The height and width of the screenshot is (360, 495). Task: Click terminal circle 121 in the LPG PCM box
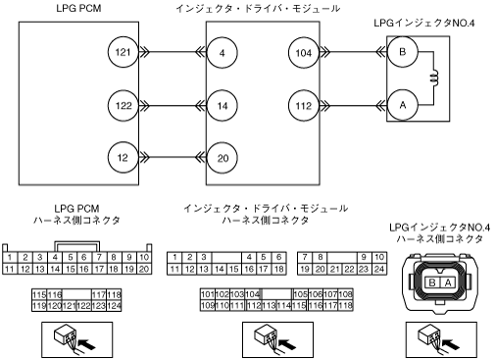(124, 52)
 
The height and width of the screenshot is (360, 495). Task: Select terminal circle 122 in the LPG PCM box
(124, 105)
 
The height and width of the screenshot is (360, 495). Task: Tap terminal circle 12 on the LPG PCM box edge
(124, 158)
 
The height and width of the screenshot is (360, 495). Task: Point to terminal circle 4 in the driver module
(223, 53)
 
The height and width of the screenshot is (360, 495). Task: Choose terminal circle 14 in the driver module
(223, 106)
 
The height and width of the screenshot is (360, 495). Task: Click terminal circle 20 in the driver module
(223, 158)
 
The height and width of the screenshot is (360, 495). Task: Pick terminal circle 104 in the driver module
(304, 53)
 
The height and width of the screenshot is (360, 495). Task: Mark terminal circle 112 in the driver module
(304, 106)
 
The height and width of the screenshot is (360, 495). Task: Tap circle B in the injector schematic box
(403, 52)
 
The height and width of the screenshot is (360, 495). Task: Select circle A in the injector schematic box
(403, 105)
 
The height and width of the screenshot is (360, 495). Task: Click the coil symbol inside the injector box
(434, 78)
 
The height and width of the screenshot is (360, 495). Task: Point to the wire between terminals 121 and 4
(173, 52)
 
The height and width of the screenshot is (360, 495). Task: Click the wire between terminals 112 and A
(353, 106)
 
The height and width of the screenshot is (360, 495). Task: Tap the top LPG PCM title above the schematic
(78, 8)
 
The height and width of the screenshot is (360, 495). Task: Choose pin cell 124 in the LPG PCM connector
(114, 306)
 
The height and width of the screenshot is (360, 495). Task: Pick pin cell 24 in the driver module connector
(379, 269)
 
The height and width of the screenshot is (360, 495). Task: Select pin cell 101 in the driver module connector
(208, 294)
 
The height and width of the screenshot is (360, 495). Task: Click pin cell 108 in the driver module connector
(345, 294)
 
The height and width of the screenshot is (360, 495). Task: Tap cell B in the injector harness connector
(432, 283)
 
